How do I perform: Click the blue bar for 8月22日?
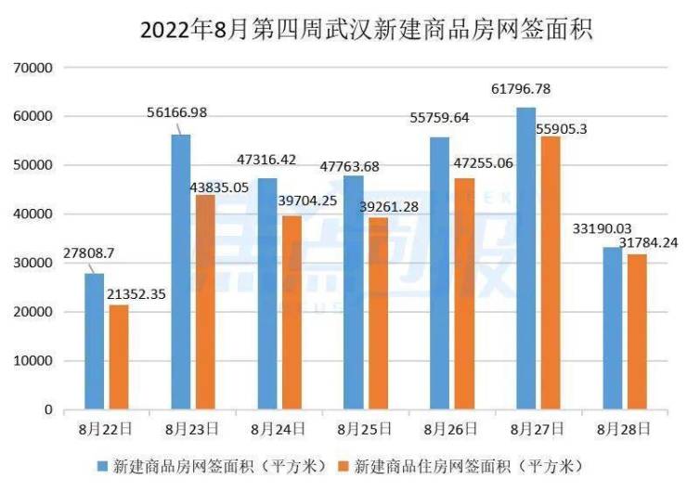95,341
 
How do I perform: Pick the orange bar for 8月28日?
637,331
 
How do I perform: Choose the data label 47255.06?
476,162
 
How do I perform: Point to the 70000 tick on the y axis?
32,68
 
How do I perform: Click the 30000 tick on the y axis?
32,263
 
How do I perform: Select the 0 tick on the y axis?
47,409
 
